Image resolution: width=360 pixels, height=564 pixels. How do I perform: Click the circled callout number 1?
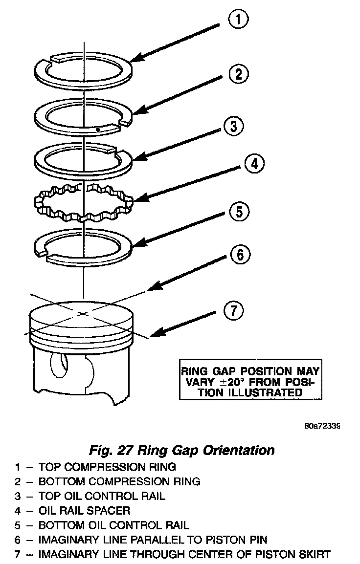click(x=238, y=20)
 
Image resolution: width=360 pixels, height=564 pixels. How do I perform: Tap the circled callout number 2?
click(x=238, y=74)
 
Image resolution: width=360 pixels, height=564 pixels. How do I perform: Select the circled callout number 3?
click(x=234, y=127)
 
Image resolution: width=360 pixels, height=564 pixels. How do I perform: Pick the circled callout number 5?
click(x=238, y=212)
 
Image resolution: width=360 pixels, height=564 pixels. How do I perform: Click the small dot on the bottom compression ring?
click(x=98, y=130)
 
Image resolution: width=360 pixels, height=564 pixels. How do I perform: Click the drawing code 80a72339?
click(x=321, y=426)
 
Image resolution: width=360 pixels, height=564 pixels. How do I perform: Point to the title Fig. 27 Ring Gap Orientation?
click(x=182, y=449)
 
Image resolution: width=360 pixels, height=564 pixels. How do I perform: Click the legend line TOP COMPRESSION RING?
click(x=107, y=467)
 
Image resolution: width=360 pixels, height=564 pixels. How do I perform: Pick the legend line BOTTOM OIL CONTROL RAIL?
click(x=113, y=525)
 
